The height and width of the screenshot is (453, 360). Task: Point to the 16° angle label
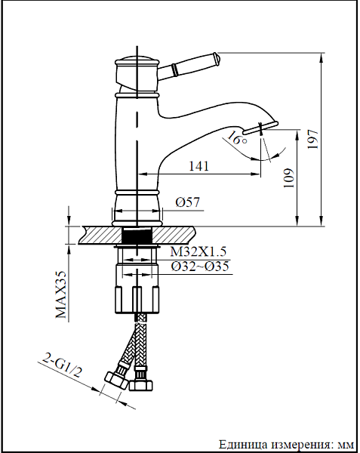pyautogui.click(x=236, y=139)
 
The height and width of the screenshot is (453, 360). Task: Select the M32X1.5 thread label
pyautogui.click(x=198, y=252)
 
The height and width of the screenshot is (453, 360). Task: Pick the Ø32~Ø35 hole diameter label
pyautogui.click(x=199, y=267)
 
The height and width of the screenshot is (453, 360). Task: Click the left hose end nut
pyautogui.click(x=116, y=379)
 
